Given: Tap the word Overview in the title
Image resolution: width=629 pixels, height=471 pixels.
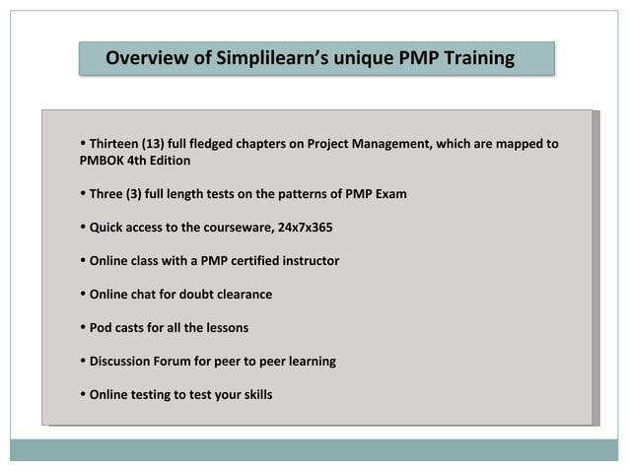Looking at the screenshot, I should click(147, 59).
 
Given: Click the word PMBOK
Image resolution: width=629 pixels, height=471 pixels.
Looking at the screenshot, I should click(101, 160).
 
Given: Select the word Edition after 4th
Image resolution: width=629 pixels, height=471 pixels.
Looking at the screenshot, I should click(168, 160).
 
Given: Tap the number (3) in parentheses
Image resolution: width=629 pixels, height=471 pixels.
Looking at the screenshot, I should click(135, 194).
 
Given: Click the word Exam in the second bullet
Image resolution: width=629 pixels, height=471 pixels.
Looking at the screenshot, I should click(390, 194).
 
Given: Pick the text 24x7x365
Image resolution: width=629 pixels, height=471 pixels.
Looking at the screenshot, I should click(306, 228).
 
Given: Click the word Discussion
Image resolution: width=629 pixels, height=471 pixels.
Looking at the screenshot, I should click(122, 362).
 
